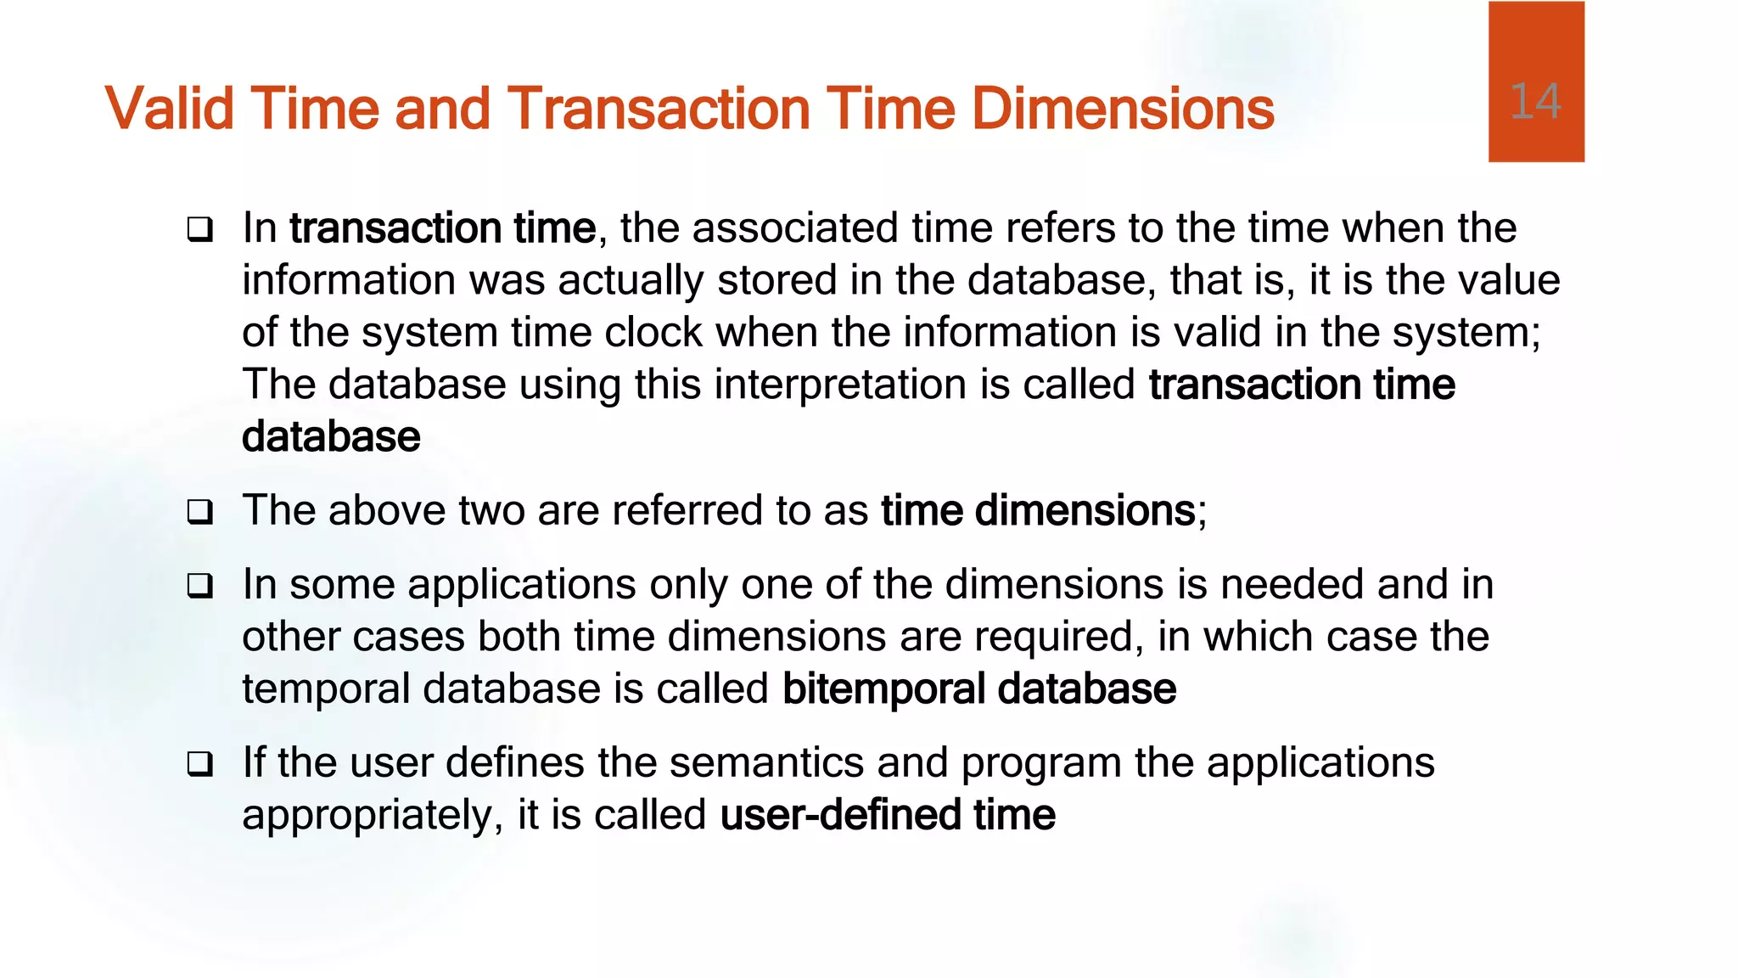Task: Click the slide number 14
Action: pos(1535,103)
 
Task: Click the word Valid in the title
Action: pos(169,109)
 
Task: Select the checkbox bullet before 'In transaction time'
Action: pos(200,229)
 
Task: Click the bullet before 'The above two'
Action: pos(200,512)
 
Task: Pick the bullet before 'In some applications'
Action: pos(200,586)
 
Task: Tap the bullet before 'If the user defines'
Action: pos(200,764)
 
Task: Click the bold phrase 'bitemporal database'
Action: pos(978,689)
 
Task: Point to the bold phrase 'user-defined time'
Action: pos(888,815)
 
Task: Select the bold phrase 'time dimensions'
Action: pos(1038,511)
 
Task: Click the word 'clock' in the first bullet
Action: pos(653,332)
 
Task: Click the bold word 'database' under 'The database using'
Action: pos(331,437)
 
